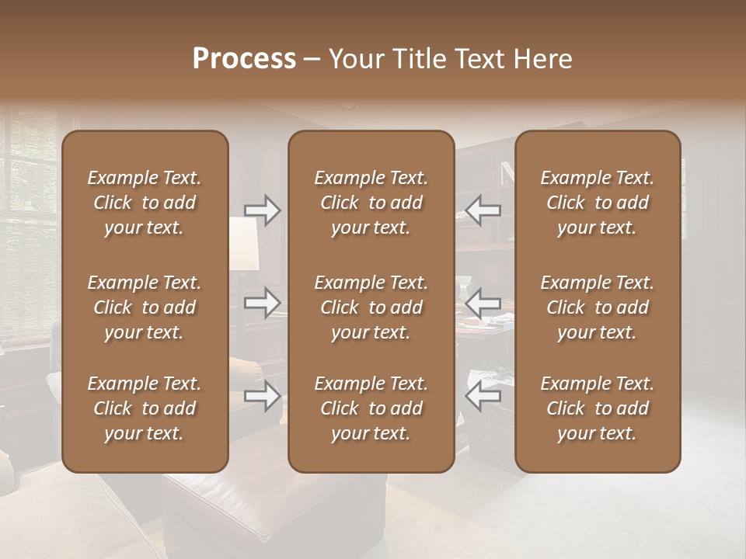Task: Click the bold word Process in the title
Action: (x=244, y=59)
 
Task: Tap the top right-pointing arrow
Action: (x=262, y=210)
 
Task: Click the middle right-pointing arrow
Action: (x=262, y=302)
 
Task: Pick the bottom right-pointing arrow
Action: (x=262, y=396)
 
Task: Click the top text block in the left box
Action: (x=145, y=203)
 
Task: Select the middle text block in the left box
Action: (x=145, y=307)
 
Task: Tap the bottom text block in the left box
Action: (x=145, y=408)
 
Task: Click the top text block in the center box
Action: (x=371, y=203)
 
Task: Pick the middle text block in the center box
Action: (x=371, y=307)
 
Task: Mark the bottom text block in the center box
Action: (x=371, y=408)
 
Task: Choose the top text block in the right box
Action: (x=598, y=203)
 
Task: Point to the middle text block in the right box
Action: (x=598, y=307)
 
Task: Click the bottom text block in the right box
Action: (x=598, y=408)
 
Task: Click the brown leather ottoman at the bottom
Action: (x=272, y=505)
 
